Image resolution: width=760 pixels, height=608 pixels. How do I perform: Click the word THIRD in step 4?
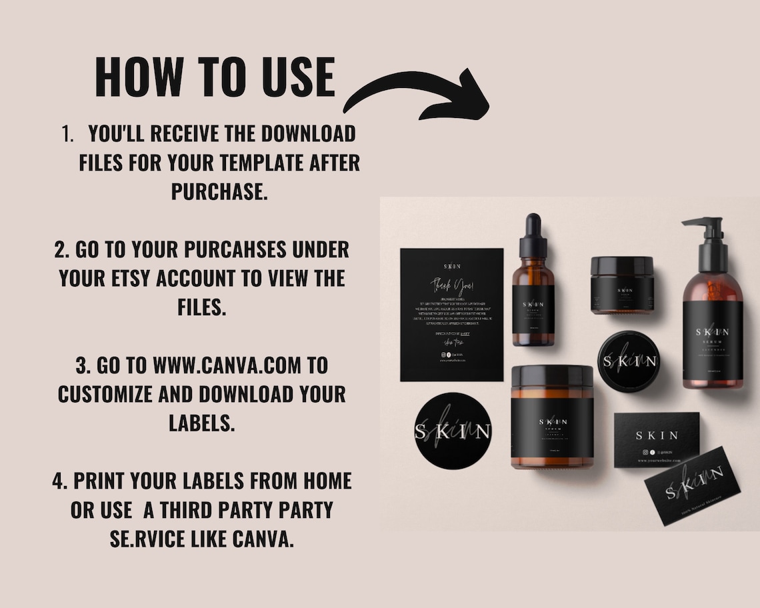tap(209, 510)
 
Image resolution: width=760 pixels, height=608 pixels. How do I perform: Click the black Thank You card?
tap(451, 314)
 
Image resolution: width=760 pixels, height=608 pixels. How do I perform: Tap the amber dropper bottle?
tap(533, 293)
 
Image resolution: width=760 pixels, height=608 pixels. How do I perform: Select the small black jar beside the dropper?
tap(621, 285)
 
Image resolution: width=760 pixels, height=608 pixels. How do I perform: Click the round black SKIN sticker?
tap(453, 431)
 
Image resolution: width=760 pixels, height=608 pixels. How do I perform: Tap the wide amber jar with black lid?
tap(551, 417)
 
